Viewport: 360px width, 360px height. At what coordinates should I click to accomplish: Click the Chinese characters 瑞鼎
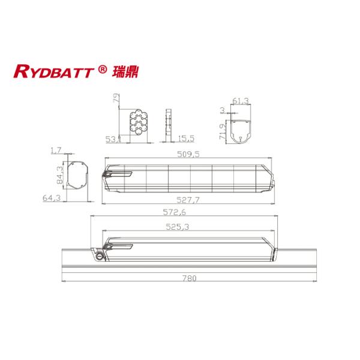122,72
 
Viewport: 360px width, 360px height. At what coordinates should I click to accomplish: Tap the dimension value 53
110,139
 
